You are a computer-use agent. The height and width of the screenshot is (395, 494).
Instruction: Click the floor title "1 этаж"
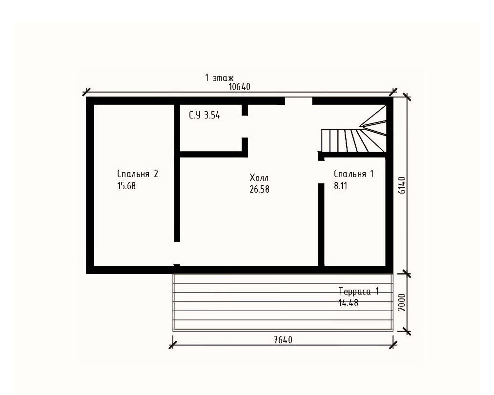[x=219, y=78]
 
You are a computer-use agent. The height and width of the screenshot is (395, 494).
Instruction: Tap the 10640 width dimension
[x=240, y=87]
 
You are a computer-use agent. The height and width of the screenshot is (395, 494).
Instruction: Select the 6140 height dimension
[x=402, y=185]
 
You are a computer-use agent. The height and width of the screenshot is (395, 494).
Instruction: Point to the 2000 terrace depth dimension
[x=402, y=302]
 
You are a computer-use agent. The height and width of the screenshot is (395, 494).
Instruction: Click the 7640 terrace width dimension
[x=283, y=340]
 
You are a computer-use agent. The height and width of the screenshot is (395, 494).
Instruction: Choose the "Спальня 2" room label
[x=138, y=174]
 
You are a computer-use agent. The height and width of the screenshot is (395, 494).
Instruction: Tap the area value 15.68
[x=126, y=186]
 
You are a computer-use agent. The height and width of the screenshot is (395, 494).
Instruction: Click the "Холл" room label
[x=259, y=178]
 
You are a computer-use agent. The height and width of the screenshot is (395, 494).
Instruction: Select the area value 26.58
[x=260, y=190]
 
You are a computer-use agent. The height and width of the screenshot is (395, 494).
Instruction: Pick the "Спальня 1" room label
[x=354, y=174]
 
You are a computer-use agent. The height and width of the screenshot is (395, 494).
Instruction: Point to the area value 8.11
[x=341, y=186]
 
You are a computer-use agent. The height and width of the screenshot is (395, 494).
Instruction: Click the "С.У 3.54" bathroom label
[x=205, y=115]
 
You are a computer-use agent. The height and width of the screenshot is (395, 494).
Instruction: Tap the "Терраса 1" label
[x=359, y=291]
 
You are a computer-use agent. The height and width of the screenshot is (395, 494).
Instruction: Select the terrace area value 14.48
[x=349, y=303]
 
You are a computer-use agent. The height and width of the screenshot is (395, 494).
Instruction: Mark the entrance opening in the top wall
[x=299, y=101]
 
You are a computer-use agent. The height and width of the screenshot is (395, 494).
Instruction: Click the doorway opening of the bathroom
[x=245, y=126]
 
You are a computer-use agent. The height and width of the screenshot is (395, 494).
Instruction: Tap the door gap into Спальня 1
[x=321, y=172]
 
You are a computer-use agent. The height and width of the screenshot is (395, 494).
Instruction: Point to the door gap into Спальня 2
[x=177, y=253]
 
